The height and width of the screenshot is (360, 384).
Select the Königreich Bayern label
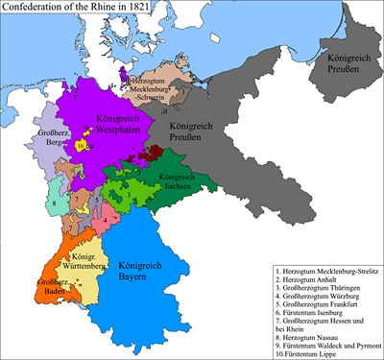coord(134,270)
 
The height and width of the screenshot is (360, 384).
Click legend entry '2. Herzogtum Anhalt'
coord(303,284)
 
